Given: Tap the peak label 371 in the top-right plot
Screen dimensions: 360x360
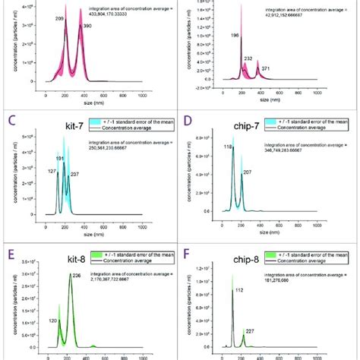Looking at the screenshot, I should [265, 68].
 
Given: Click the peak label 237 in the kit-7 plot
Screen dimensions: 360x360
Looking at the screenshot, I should [74, 175].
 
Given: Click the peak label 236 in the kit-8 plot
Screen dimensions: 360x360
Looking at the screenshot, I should [76, 276].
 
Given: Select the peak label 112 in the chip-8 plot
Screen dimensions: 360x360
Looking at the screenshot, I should [238, 289].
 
